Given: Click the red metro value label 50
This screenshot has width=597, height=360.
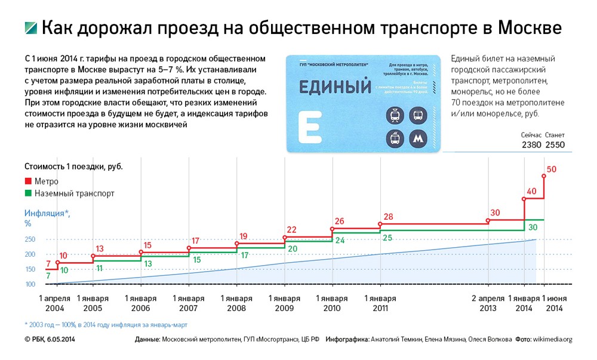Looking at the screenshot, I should coord(551,169).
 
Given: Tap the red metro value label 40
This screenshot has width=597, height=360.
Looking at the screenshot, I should coord(532,192).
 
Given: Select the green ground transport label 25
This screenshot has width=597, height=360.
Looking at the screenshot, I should coord(387,238).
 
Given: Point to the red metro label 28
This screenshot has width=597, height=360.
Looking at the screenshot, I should coord(389,217).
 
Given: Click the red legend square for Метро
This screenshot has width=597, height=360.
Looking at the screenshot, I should coord(27,181).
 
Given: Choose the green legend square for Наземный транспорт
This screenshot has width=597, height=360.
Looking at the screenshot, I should coord(27,193).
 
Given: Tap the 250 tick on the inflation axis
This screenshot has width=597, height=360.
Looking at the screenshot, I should coord(30,239).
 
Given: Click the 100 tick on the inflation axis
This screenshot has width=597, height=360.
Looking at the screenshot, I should coord(30,284).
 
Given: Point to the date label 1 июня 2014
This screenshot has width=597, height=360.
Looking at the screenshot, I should coord(555,303).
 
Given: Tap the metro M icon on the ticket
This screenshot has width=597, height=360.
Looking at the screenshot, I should coord(417,138).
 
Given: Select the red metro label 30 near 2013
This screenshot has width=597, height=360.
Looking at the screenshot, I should coord(494,213).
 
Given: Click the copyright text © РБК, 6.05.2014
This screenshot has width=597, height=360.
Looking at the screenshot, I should coord(54,339).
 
